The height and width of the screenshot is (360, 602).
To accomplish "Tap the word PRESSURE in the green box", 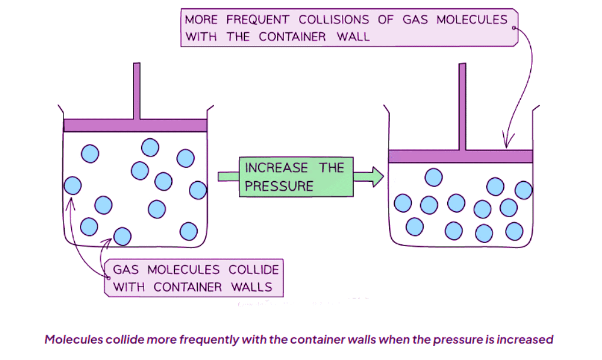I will (279, 186).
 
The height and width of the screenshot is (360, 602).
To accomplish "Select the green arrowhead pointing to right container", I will (377, 176).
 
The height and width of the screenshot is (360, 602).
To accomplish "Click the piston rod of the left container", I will (137, 91).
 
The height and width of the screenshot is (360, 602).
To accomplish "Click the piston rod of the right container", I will (462, 106).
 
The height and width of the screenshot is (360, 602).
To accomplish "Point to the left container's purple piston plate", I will (135, 125).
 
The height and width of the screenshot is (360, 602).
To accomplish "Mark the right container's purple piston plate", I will (460, 156).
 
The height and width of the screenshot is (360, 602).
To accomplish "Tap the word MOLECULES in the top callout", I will (471, 20).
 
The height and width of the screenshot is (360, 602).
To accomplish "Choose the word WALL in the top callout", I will (353, 36).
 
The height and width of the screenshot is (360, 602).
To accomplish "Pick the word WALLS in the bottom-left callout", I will (248, 287).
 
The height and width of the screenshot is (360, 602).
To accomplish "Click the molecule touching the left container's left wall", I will (72, 186).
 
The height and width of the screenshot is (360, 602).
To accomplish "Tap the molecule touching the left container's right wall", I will (198, 190).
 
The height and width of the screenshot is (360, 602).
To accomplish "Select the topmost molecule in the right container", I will (434, 176).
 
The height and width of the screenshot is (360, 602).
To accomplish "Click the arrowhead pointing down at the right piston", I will (504, 144).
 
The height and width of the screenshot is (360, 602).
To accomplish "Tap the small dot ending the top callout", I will (514, 27).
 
